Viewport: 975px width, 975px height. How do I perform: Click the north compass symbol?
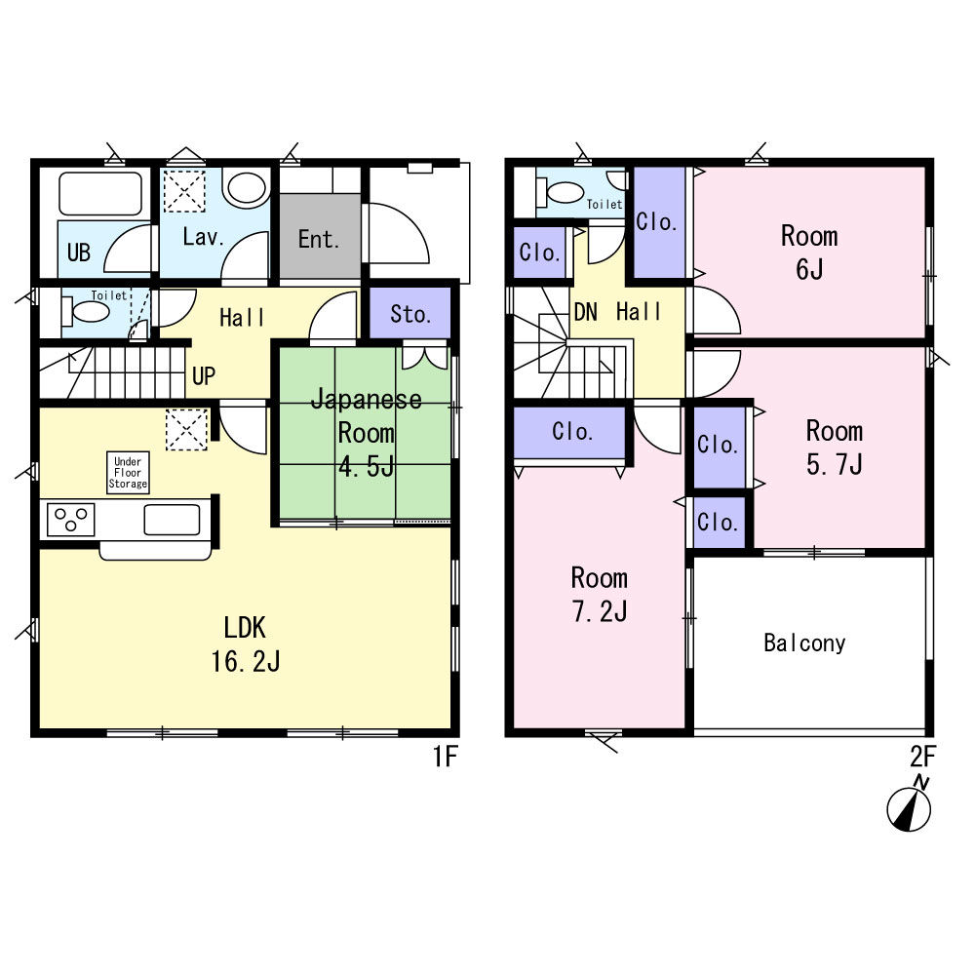[909, 808]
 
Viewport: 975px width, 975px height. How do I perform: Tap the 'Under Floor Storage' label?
[129, 472]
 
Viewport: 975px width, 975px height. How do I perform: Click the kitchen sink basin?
[172, 519]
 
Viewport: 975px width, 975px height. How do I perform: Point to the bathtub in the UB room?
[99, 194]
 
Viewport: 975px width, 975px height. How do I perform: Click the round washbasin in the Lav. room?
[246, 188]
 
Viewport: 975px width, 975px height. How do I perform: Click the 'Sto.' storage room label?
[410, 314]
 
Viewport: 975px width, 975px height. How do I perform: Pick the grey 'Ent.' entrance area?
[318, 239]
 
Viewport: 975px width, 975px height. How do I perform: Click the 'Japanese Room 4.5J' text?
[367, 432]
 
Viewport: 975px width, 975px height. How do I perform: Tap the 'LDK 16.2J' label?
[246, 644]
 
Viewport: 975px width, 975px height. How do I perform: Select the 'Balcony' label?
[804, 643]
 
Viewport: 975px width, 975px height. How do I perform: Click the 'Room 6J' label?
[809, 253]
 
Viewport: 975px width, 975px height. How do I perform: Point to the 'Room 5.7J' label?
[834, 448]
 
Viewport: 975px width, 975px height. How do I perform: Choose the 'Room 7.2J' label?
[599, 595]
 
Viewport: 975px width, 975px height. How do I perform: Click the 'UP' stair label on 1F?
[204, 376]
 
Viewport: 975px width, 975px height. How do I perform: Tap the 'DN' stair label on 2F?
[585, 312]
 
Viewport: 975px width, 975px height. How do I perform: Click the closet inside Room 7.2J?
[571, 431]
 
